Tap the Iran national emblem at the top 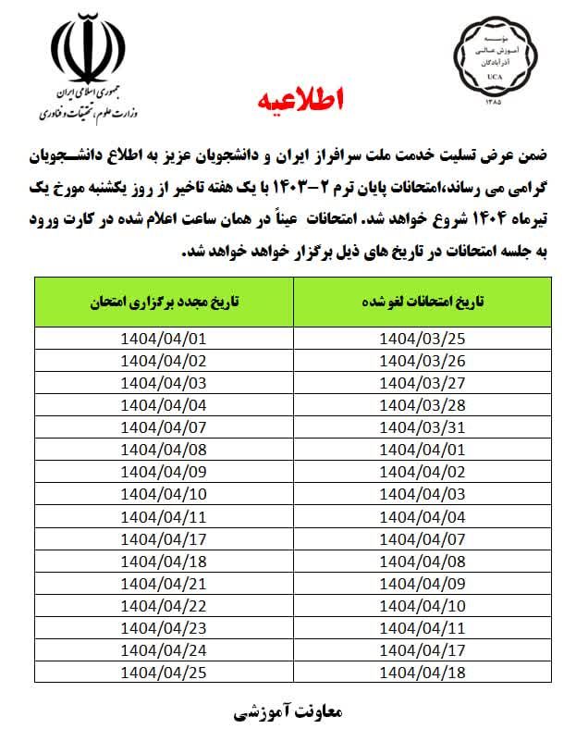(x=85, y=51)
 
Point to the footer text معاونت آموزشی (x=288, y=711)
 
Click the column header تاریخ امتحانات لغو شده (x=423, y=302)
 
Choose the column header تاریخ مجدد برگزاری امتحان (x=164, y=302)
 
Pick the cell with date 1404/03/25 (x=423, y=338)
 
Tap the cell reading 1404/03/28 (x=423, y=402)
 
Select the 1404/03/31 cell (x=423, y=425)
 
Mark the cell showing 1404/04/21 (x=164, y=583)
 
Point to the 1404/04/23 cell (x=164, y=627)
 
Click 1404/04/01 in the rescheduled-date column (x=164, y=338)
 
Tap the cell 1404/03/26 (x=423, y=360)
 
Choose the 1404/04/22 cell (x=164, y=605)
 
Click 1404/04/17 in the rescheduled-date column (x=164, y=538)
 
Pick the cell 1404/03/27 (x=423, y=381)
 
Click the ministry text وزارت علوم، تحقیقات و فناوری (x=85, y=113)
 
